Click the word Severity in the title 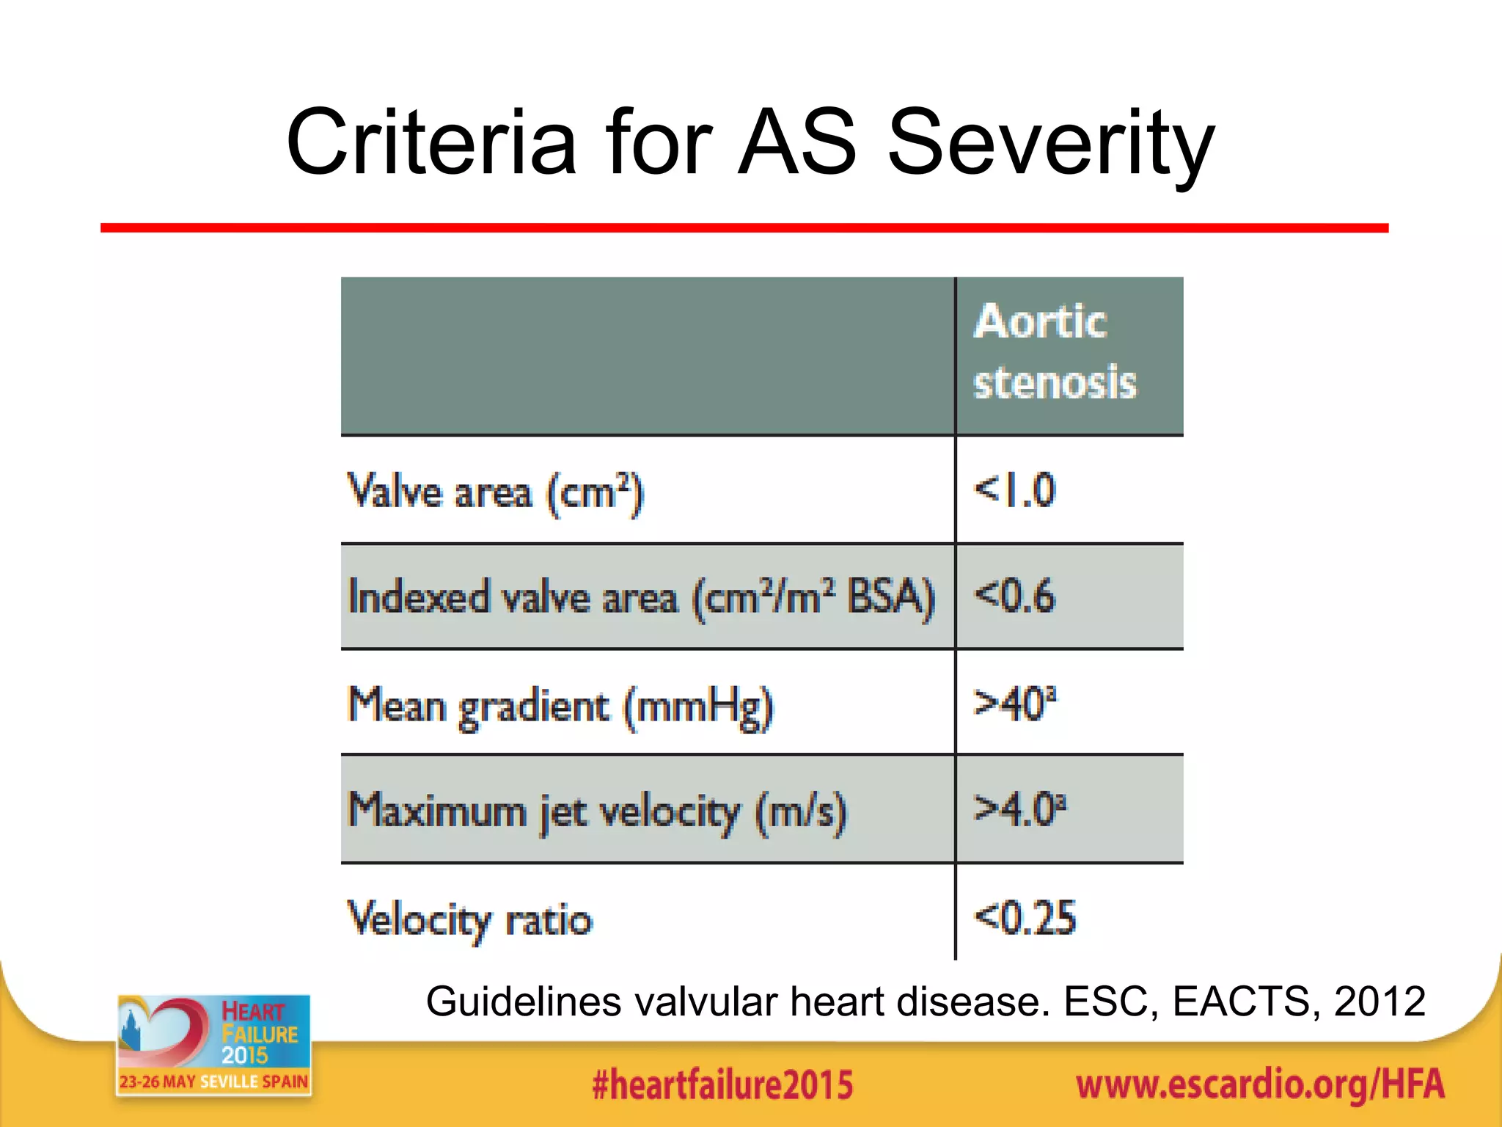(x=1050, y=143)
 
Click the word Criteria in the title (x=431, y=143)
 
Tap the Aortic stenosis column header (x=1055, y=352)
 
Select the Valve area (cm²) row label (x=495, y=492)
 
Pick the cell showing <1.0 (x=1014, y=490)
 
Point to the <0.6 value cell (x=1014, y=595)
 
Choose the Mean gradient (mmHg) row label (x=560, y=706)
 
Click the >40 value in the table (x=1014, y=703)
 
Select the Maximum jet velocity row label (x=597, y=811)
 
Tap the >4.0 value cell (x=1019, y=809)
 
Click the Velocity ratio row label (x=469, y=919)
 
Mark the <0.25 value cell (x=1025, y=917)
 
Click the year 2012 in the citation (x=1380, y=1002)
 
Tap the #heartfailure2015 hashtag (x=722, y=1085)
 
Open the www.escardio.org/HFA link (x=1260, y=1085)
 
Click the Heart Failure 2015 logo (x=213, y=1045)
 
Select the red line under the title (x=744, y=228)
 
